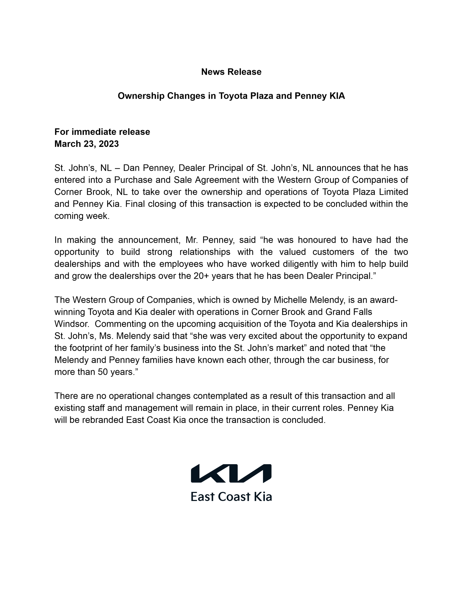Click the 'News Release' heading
tap(231, 72)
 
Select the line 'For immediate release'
tap(102, 132)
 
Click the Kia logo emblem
tap(231, 474)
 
